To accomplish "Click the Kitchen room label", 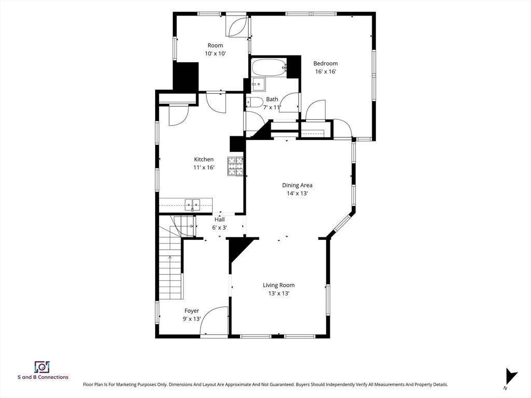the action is [x=203, y=160].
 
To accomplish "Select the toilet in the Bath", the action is [x=255, y=103].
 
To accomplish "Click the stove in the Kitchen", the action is [x=235, y=166].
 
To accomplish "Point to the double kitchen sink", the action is [x=192, y=205].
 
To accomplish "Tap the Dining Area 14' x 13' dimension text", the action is [x=297, y=194].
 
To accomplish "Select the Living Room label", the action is [x=278, y=285].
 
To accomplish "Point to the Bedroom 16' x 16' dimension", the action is [x=326, y=72].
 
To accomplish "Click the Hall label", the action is [x=219, y=219].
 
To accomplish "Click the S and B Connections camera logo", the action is [x=43, y=367].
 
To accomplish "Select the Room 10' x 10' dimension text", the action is [x=215, y=53].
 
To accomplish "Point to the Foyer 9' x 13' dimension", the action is [x=192, y=319].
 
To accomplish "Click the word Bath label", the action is [x=272, y=99].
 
